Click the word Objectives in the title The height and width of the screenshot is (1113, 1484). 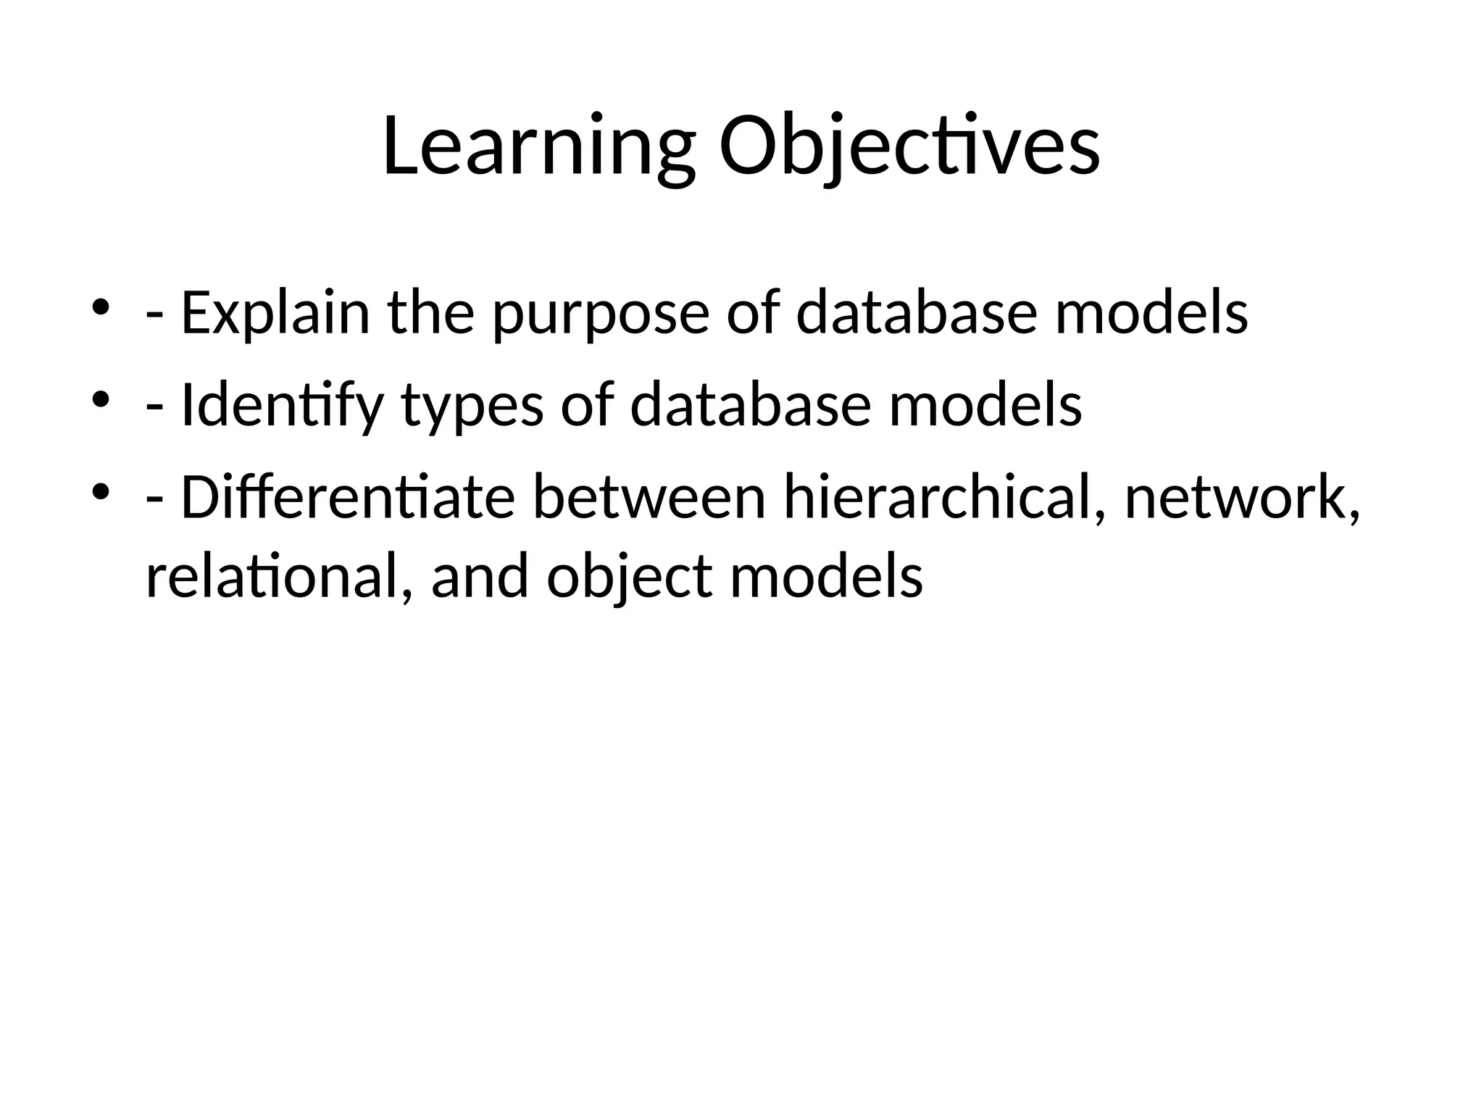click(909, 147)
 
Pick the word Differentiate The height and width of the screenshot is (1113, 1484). click(348, 498)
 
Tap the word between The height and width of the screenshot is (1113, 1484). click(649, 498)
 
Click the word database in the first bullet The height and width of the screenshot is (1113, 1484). click(917, 313)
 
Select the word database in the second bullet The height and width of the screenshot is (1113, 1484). click(751, 406)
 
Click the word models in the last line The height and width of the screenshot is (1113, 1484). click(826, 578)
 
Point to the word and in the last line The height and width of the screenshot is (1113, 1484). click(480, 578)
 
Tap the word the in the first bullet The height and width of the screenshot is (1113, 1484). click(430, 313)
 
